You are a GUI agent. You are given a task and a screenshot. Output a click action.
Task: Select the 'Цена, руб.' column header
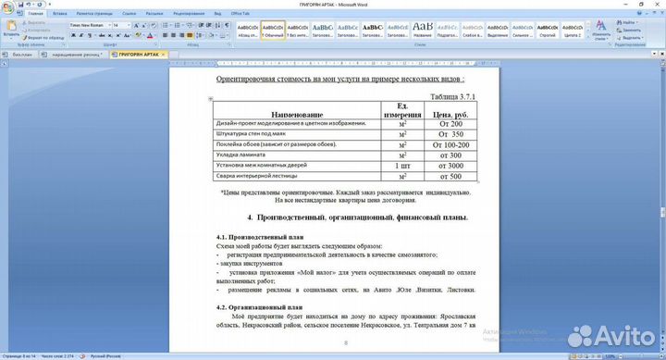pyautogui.click(x=450, y=114)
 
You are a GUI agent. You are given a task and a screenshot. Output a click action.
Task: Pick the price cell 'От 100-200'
pyautogui.click(x=450, y=144)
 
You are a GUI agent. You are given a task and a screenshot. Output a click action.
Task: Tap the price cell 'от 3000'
pyautogui.click(x=450, y=166)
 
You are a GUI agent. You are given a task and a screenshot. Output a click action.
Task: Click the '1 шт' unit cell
pyautogui.click(x=401, y=166)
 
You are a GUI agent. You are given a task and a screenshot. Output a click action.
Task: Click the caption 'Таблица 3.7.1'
pyautogui.click(x=453, y=96)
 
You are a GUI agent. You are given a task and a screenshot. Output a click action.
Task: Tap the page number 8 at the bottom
pyautogui.click(x=346, y=342)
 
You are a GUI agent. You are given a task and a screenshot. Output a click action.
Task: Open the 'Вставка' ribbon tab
pyautogui.click(x=60, y=15)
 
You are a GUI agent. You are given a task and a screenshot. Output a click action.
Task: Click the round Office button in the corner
pyautogui.click(x=8, y=9)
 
